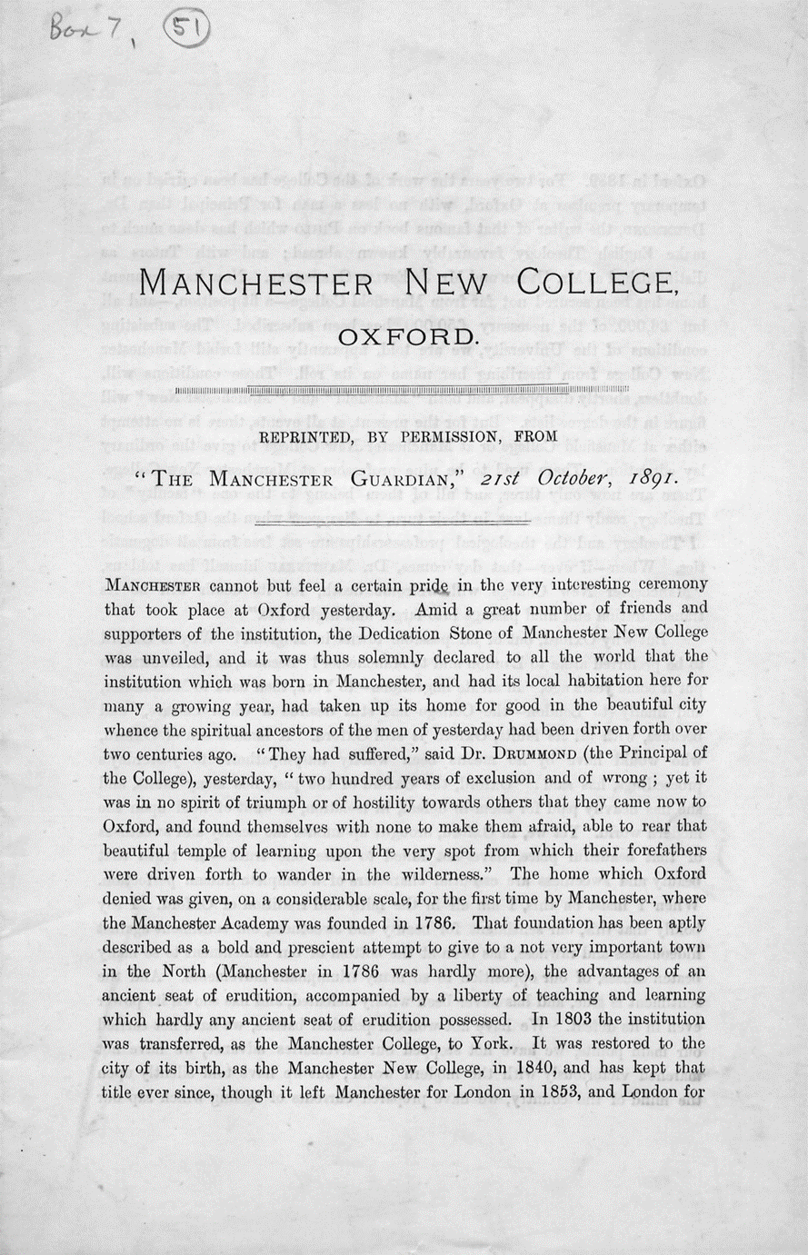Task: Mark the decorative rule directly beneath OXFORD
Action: coord(404,391)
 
